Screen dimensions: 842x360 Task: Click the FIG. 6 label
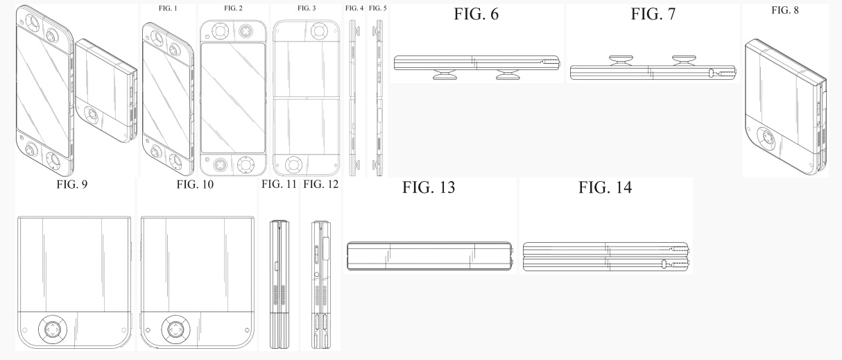coord(476,15)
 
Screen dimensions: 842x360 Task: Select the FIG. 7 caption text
coord(653,15)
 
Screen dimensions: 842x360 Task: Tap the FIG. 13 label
coord(429,187)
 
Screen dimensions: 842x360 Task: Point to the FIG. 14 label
coord(605,187)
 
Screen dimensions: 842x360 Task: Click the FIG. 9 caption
coord(72,184)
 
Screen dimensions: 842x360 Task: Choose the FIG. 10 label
coord(195,184)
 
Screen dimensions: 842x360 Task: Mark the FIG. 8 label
coord(785,10)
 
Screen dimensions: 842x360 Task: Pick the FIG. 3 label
coord(307,8)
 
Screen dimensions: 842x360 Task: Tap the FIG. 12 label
coord(320,184)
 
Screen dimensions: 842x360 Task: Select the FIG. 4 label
coord(354,8)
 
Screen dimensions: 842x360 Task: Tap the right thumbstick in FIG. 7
coord(684,60)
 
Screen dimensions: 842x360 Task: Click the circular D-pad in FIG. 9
coord(52,329)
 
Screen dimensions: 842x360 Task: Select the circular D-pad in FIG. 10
coord(175,329)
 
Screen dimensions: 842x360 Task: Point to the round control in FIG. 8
coord(766,139)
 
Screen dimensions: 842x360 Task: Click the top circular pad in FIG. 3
coord(318,30)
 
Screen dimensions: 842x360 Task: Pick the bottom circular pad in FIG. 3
coord(293,165)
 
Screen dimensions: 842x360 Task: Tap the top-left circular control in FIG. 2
coord(220,31)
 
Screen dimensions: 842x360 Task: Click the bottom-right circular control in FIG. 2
coord(246,164)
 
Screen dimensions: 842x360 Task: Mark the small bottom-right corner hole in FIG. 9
coord(124,330)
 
